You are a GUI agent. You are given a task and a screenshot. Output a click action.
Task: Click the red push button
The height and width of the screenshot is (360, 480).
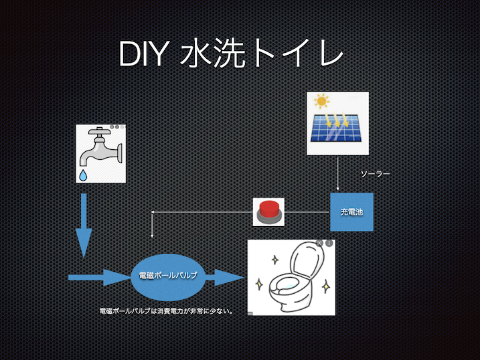[268, 211]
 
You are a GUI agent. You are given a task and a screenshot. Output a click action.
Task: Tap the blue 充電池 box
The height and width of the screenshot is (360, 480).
[351, 211]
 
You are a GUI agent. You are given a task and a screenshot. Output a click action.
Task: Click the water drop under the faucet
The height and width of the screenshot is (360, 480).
[83, 175]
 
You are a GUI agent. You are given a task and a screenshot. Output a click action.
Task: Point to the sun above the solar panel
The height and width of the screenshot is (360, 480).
[321, 101]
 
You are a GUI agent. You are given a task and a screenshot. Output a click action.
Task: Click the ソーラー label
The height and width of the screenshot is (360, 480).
[375, 174]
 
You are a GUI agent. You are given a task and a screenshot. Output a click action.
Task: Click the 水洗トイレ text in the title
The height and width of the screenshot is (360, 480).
[262, 54]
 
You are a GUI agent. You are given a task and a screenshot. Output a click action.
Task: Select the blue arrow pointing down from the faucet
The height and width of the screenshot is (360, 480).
[84, 226]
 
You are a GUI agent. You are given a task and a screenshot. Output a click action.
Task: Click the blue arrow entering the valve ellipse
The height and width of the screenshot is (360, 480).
[100, 278]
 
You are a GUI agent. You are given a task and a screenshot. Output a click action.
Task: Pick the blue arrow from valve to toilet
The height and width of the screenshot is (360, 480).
[224, 278]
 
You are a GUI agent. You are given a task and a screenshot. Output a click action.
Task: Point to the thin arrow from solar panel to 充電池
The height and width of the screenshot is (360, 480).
[337, 174]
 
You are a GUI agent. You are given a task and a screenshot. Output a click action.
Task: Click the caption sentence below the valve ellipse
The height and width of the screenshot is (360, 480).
[167, 311]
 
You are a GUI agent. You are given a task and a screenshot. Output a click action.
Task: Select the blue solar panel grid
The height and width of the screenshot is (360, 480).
[336, 128]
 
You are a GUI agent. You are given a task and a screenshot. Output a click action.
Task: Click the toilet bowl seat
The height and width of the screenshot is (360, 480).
[286, 285]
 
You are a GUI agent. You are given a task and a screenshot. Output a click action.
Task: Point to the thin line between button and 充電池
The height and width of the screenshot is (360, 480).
[307, 212]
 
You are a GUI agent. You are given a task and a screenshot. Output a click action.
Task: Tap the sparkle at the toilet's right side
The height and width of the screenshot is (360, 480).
[326, 286]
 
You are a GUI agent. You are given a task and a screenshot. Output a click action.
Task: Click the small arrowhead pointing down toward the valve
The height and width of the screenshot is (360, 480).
[152, 236]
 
